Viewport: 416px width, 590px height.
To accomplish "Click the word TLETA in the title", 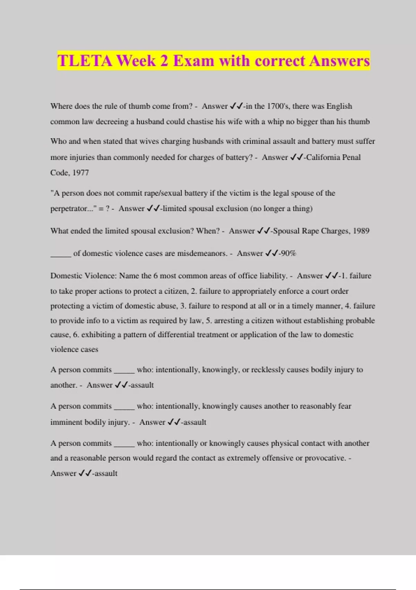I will (85, 61).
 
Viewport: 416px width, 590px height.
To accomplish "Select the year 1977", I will (80, 172).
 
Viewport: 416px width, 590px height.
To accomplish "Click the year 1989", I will (361, 231).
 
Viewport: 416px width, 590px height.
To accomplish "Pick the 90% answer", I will (288, 253).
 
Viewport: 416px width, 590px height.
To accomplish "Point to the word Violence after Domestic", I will (99, 276).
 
